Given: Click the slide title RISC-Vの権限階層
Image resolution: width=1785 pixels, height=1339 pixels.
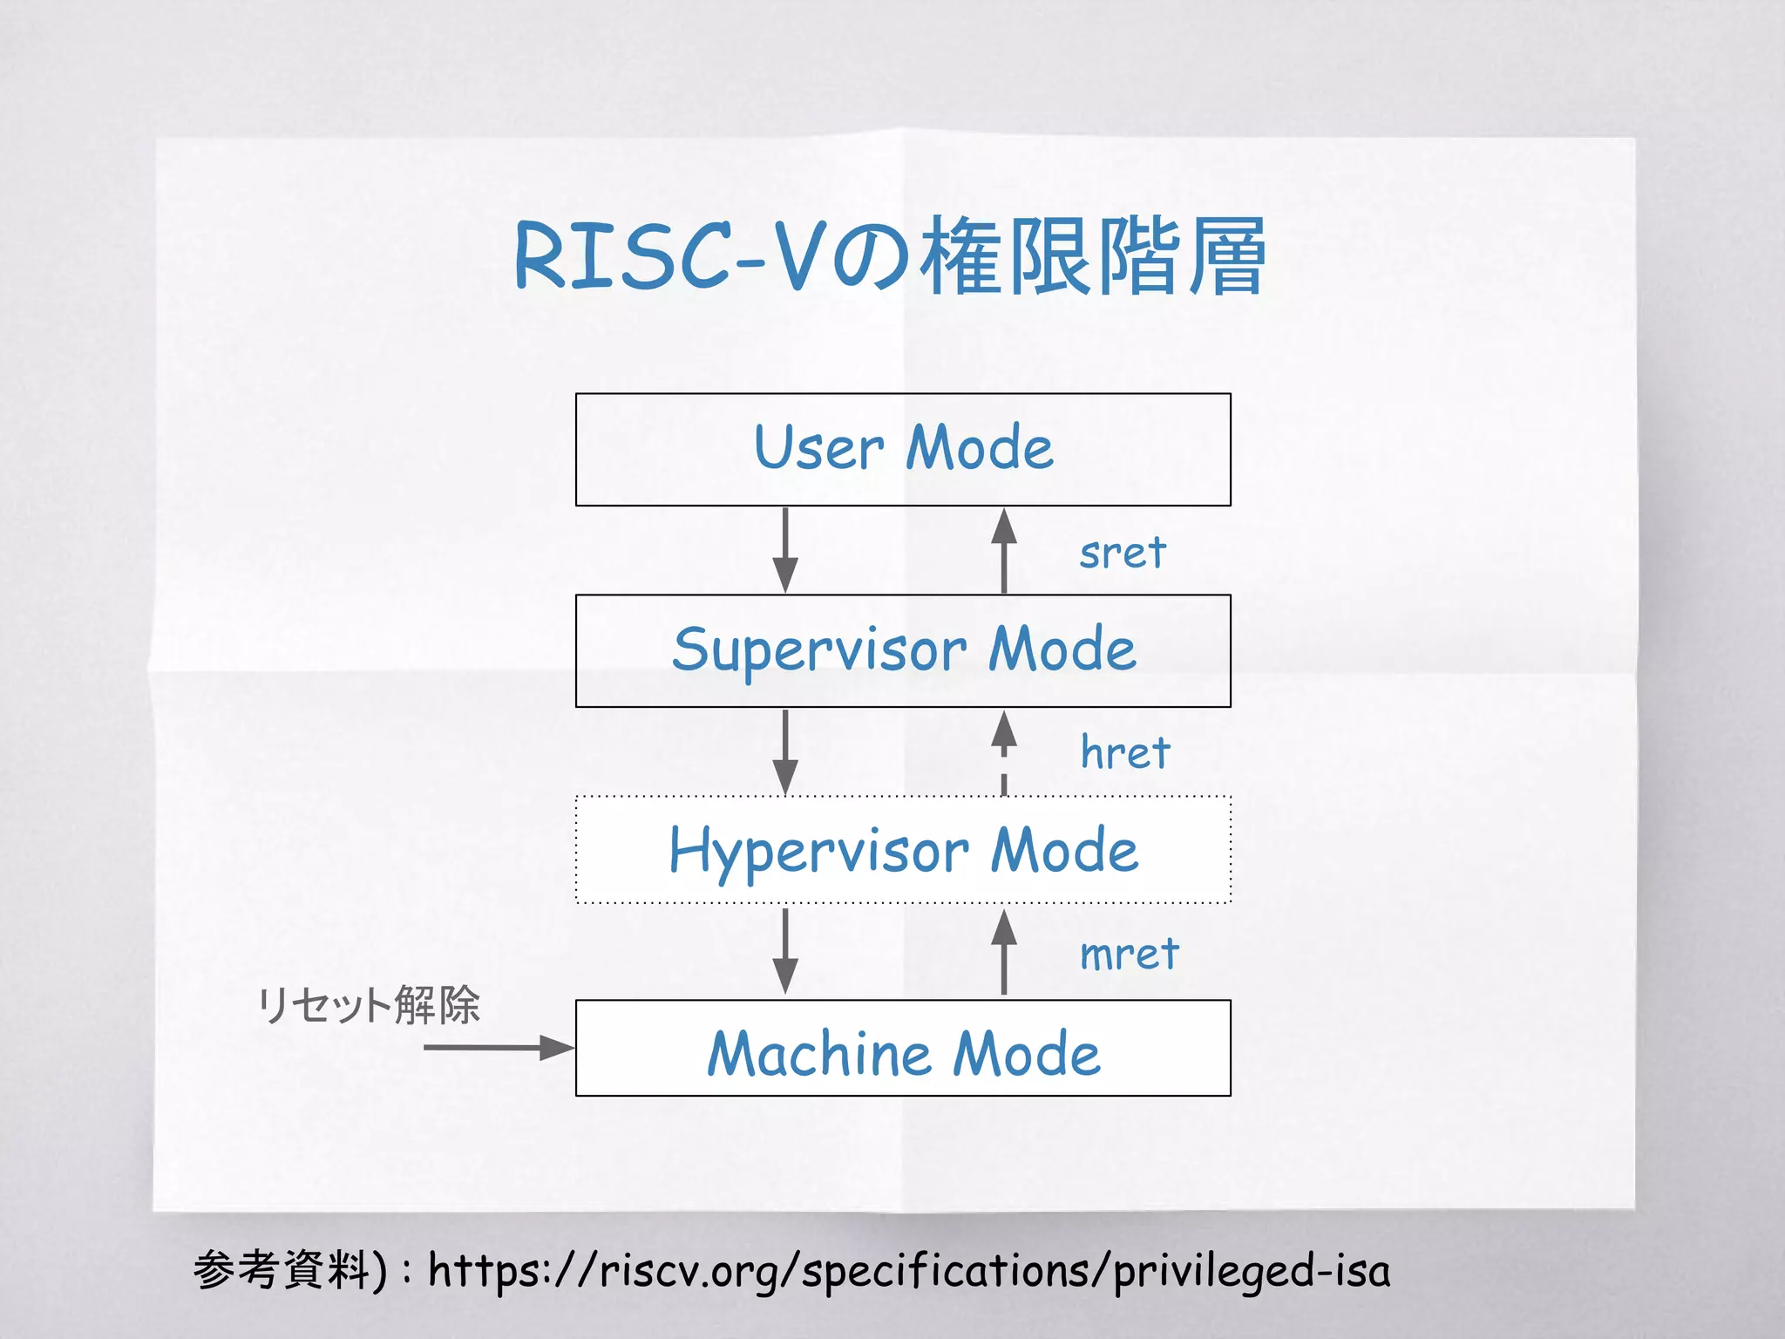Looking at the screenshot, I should [890, 256].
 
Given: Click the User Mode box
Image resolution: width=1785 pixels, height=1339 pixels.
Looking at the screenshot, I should [903, 449].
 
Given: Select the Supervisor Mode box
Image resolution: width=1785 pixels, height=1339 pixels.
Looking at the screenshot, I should [903, 650].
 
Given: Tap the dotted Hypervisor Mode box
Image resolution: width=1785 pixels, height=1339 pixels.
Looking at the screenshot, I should [903, 850].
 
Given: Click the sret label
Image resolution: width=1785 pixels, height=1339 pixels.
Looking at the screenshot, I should [1123, 553].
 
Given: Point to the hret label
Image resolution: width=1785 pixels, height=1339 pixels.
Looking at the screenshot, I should [1125, 752].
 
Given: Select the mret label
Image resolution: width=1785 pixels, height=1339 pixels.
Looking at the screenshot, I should [1129, 954].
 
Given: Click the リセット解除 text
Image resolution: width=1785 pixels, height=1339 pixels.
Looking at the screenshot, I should [369, 1005].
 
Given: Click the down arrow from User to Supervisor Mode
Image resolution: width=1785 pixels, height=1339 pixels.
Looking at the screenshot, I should [785, 550].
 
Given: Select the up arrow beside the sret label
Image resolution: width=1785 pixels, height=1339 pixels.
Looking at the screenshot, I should [1004, 550].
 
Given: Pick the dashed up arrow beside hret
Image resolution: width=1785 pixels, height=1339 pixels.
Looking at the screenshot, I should [1004, 752].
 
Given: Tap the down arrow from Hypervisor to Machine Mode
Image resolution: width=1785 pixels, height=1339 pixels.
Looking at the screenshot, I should [785, 951].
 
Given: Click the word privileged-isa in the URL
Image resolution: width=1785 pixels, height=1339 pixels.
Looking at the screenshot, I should [1252, 1271].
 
